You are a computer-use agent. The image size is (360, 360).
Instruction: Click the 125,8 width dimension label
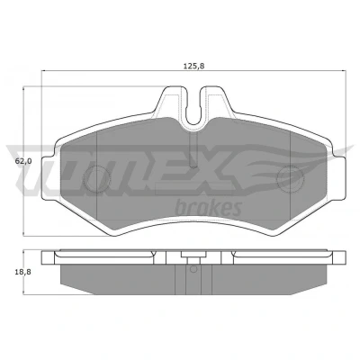pyautogui.click(x=193, y=66)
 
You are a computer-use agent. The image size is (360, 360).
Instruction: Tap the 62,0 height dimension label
pyautogui.click(x=23, y=161)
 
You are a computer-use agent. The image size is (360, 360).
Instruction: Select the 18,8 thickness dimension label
pyautogui.click(x=23, y=272)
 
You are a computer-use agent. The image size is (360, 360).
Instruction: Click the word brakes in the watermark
pyautogui.click(x=208, y=208)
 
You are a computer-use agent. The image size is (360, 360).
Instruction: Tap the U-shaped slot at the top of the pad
pyautogui.click(x=193, y=112)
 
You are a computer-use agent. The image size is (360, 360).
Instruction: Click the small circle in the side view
pyautogui.click(x=193, y=269)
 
